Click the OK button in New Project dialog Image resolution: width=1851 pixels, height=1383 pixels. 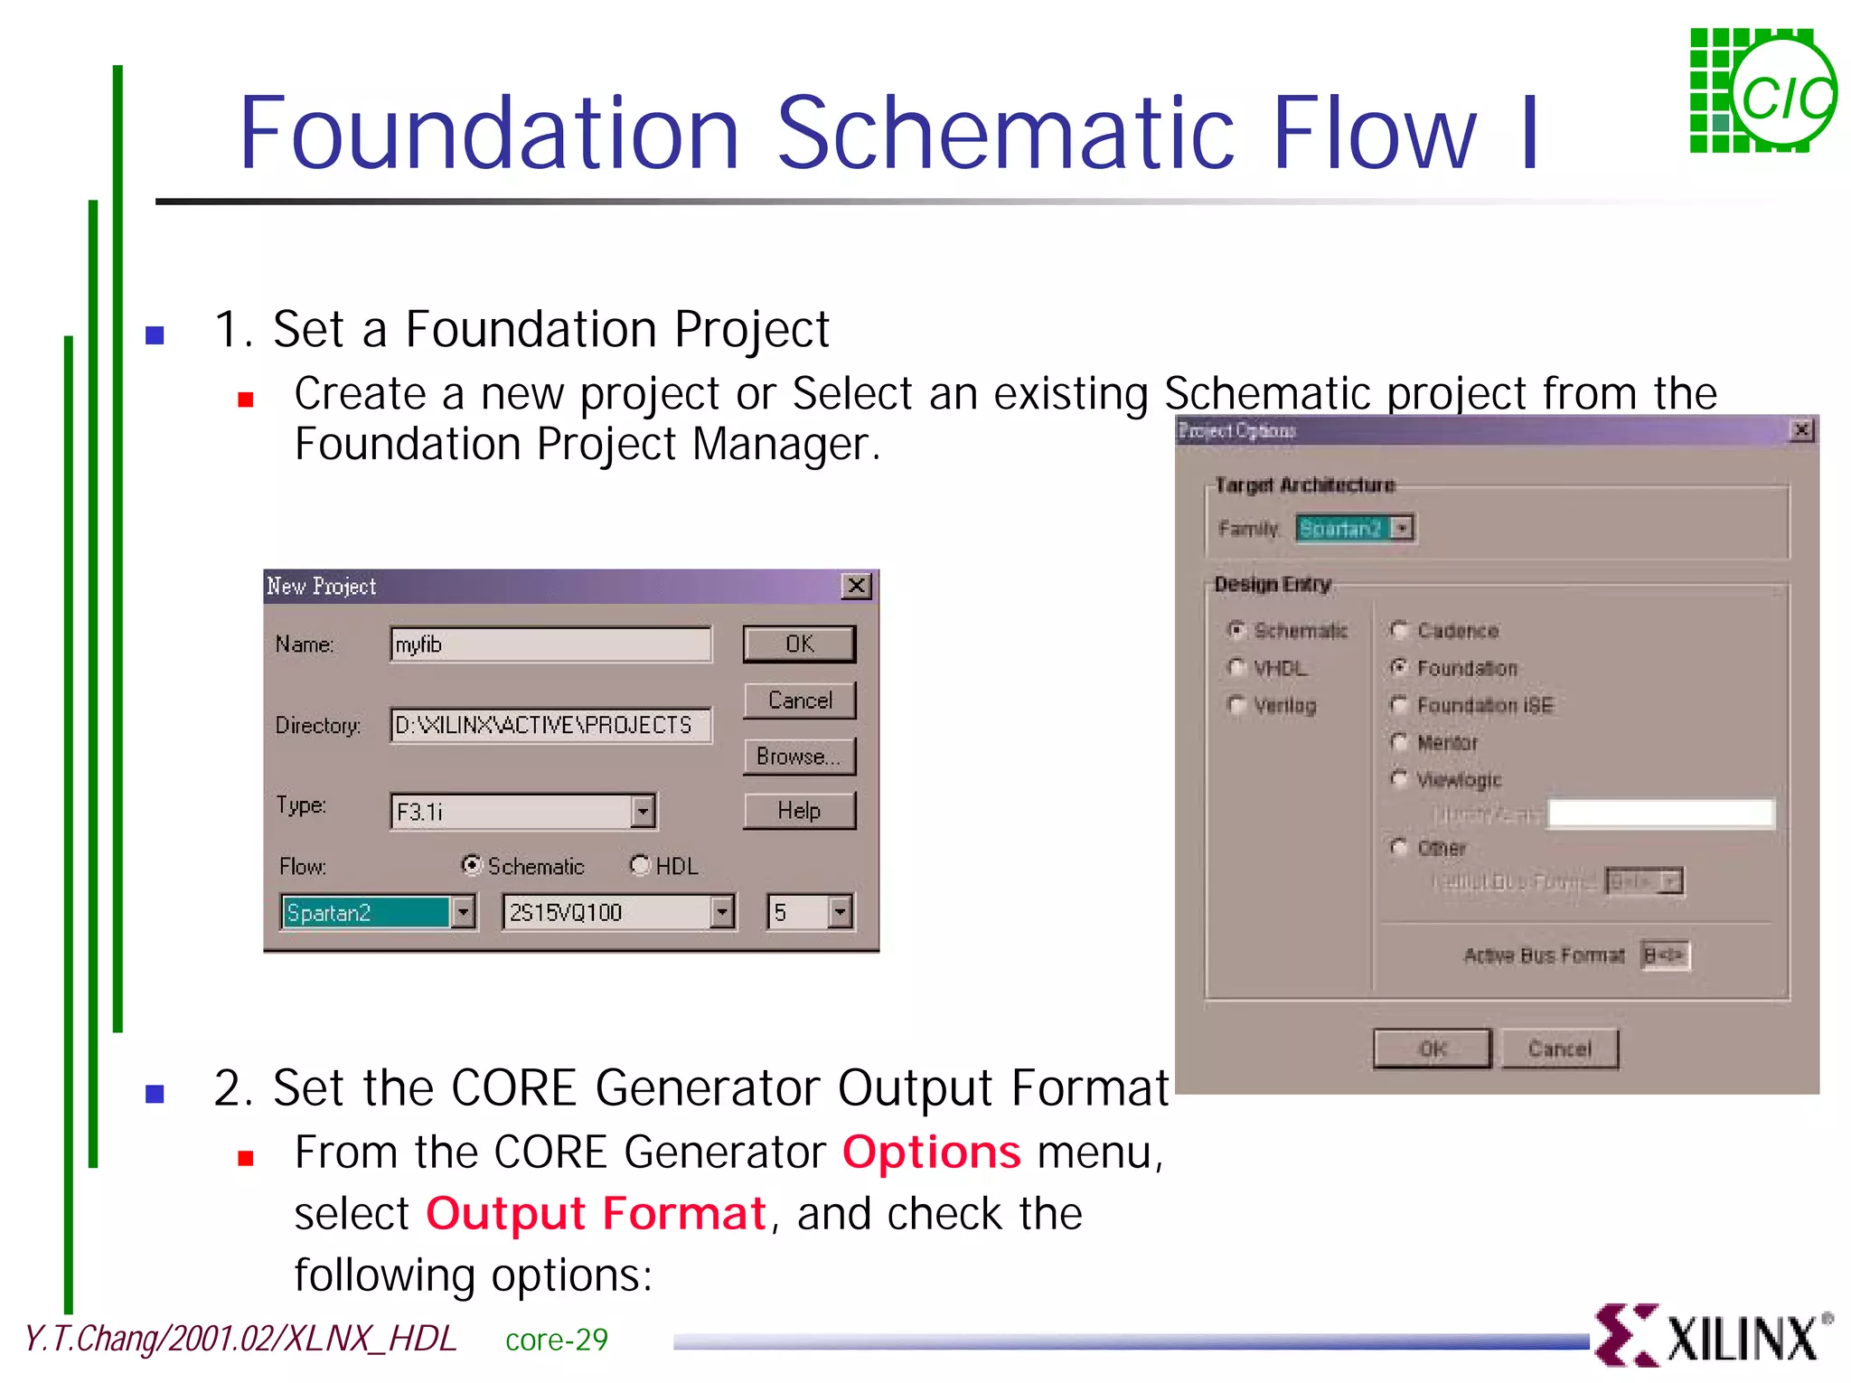(799, 644)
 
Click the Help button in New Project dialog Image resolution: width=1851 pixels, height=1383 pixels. (799, 811)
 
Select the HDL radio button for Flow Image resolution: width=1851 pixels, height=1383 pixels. (640, 866)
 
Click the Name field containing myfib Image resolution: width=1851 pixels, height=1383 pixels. (550, 644)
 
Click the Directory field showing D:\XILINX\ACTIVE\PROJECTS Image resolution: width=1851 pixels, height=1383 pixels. (550, 726)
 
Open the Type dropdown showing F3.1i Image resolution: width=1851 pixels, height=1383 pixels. (643, 812)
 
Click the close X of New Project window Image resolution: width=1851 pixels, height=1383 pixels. (856, 587)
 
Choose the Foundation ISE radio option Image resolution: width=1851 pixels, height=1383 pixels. (1399, 705)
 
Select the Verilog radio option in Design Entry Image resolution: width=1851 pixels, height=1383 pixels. (1236, 705)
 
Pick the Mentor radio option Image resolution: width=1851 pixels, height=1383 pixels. (1399, 743)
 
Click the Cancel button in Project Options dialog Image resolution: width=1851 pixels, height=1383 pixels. (1559, 1049)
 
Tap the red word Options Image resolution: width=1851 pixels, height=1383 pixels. (931, 1152)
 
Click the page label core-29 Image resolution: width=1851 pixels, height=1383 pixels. (556, 1340)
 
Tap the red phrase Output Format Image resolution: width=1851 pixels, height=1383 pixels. (596, 1214)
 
